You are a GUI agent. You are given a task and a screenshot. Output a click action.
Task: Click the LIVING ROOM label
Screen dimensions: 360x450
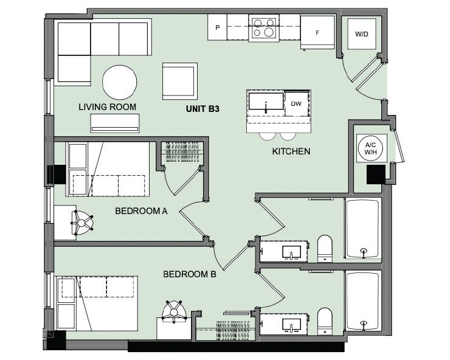click(x=107, y=107)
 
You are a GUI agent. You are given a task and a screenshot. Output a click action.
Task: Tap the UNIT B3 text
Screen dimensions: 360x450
click(x=202, y=110)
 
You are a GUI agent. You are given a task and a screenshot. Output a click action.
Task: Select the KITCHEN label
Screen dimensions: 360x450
click(x=291, y=151)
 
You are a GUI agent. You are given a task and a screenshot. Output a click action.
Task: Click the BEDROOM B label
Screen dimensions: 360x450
click(x=190, y=274)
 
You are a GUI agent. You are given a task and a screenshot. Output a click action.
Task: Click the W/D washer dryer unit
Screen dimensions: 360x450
click(x=361, y=35)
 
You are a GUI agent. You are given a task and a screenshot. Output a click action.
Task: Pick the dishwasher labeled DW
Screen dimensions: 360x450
click(x=297, y=103)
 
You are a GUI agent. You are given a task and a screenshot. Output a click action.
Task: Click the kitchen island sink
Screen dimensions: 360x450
click(x=266, y=103)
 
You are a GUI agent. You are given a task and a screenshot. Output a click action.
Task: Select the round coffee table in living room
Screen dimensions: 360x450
click(x=119, y=82)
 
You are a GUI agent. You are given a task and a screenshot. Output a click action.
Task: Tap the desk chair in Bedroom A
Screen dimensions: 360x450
click(x=82, y=224)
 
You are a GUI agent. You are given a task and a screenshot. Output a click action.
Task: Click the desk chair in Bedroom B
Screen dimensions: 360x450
click(x=175, y=312)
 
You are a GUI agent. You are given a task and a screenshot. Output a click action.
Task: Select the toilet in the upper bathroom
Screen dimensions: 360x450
click(x=325, y=249)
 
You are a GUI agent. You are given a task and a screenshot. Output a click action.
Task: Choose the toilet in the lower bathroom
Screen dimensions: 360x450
click(x=325, y=321)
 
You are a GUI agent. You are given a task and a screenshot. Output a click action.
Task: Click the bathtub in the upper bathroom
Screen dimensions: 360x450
click(x=363, y=230)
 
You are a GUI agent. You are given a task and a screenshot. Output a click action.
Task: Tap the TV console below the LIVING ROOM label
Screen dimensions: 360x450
click(x=115, y=123)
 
